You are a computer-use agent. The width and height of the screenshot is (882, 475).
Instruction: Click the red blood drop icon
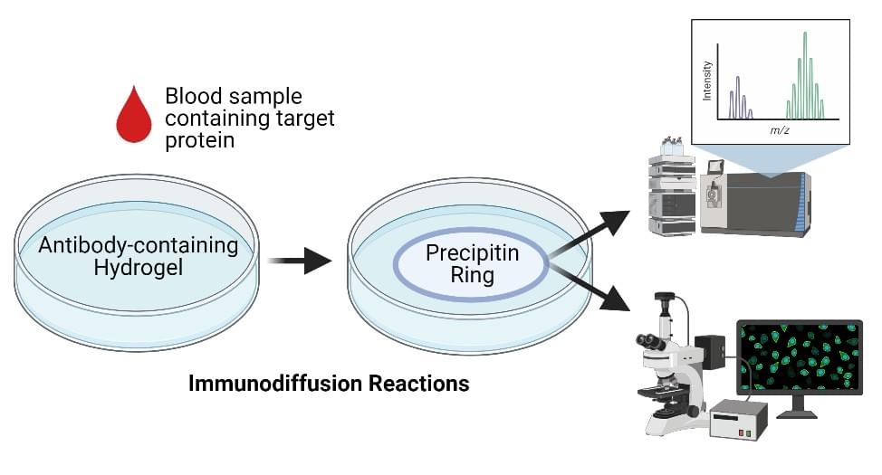134,116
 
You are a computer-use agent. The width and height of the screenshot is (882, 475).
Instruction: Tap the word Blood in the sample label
191,97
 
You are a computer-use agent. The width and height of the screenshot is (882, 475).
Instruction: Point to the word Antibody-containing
139,244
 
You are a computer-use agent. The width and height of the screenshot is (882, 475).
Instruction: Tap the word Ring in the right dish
472,276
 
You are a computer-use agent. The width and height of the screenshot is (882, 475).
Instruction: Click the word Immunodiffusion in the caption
271,384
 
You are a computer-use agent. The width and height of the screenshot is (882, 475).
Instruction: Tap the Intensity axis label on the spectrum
708,81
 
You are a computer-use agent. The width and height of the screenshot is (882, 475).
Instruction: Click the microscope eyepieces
650,342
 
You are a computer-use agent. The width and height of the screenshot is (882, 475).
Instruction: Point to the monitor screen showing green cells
799,359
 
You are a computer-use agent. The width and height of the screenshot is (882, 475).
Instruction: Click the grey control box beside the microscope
738,419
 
